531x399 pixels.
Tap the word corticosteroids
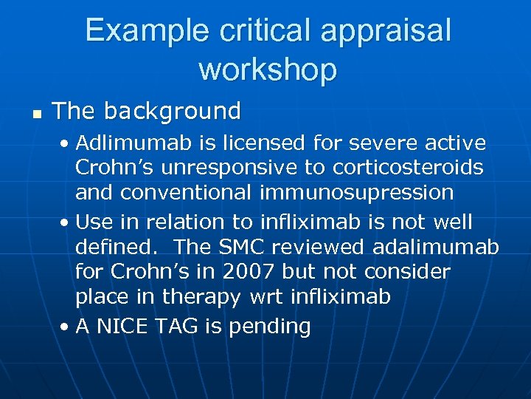[x=408, y=168]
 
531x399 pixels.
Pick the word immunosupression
[x=356, y=193]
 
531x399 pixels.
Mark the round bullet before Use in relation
[x=67, y=222]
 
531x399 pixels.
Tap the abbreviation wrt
[x=268, y=298]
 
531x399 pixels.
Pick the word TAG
[x=178, y=326]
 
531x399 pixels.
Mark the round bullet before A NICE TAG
[x=67, y=327]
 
